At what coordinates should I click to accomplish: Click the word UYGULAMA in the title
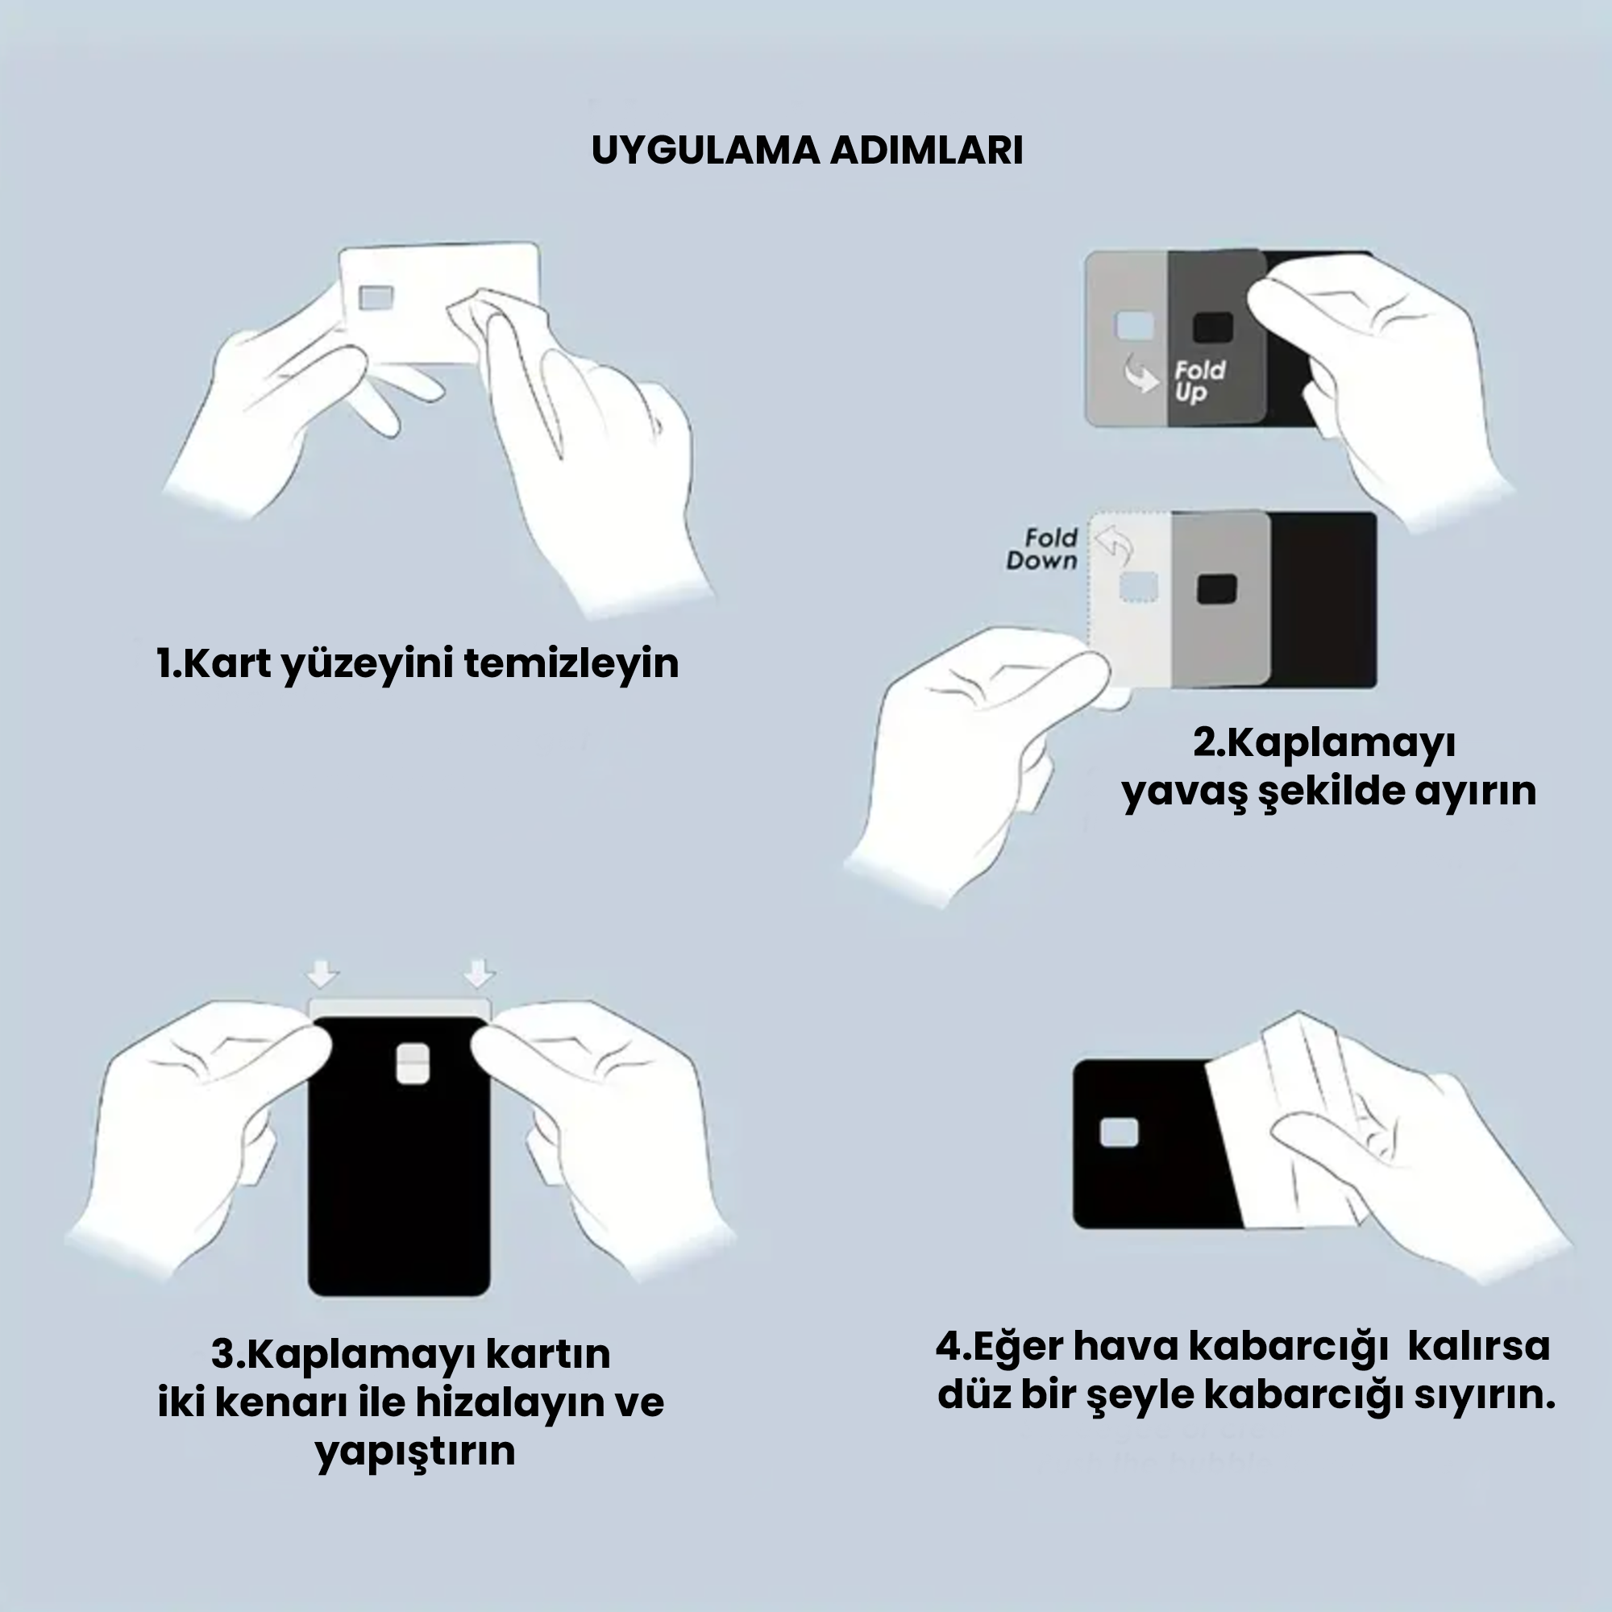coord(705,151)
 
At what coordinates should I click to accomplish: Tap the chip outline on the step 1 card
coord(376,297)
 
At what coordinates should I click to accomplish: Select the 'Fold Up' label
coord(1199,381)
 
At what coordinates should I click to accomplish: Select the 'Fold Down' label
coord(1042,549)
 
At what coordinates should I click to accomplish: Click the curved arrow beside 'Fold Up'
coord(1140,373)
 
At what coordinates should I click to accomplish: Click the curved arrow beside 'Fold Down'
coord(1113,544)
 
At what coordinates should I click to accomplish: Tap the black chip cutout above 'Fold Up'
coord(1212,328)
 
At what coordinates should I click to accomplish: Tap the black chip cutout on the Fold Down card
coord(1216,589)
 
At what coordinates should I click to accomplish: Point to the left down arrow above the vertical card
coord(323,974)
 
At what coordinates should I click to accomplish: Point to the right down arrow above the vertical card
coord(479,974)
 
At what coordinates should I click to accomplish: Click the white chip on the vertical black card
coord(413,1064)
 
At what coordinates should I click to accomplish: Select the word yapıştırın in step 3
coord(414,1451)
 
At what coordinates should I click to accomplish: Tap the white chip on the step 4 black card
coord(1120,1133)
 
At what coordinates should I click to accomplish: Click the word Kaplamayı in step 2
coord(1340,742)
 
